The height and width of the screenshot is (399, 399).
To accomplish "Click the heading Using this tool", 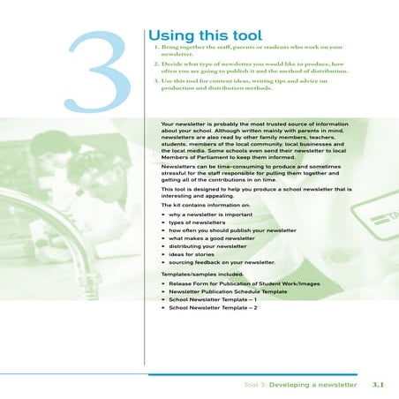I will [202, 33].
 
